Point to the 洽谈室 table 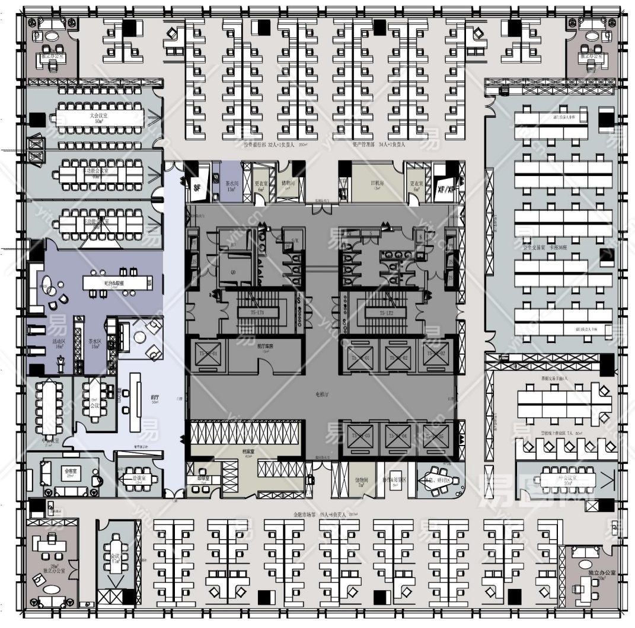(x=137, y=480)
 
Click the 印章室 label (x=203, y=479)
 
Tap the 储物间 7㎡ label (x=360, y=482)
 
